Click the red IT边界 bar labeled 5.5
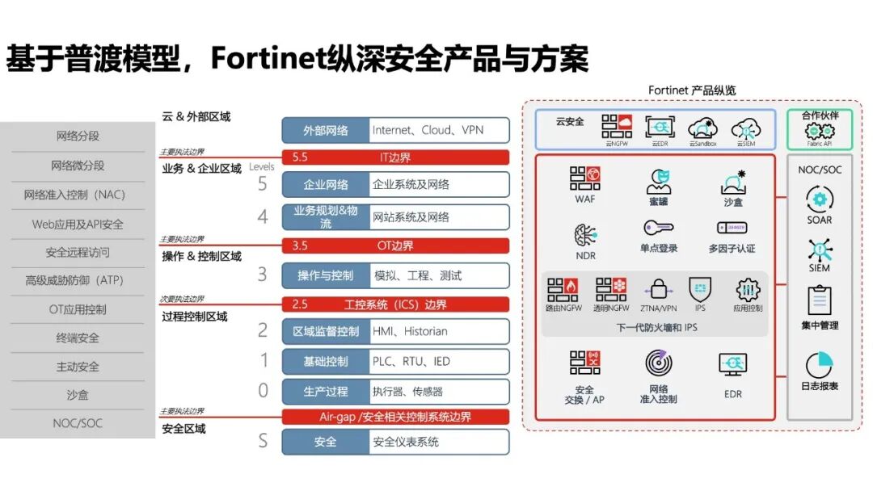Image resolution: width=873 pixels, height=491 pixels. (x=395, y=157)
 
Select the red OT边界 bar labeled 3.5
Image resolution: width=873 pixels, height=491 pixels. (x=395, y=245)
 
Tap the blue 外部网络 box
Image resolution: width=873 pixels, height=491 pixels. (x=325, y=130)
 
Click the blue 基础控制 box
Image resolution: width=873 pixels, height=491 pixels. (x=325, y=361)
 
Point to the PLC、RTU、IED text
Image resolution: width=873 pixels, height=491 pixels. (x=411, y=361)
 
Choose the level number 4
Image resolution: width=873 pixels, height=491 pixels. (x=263, y=216)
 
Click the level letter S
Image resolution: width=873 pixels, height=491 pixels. (x=263, y=441)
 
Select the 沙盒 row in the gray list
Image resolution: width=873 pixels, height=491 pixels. (x=78, y=395)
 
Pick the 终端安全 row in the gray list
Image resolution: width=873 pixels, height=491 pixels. (x=78, y=338)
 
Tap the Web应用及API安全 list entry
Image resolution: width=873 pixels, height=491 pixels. (x=78, y=224)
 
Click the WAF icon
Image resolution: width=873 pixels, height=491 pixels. (x=584, y=178)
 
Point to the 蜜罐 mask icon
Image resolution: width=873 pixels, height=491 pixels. (x=659, y=180)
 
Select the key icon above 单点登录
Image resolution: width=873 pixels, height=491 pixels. (x=659, y=228)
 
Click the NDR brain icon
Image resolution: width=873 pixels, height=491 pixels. (x=584, y=234)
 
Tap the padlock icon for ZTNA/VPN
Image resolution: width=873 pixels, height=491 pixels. (x=658, y=289)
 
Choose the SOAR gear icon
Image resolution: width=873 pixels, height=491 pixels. (x=819, y=199)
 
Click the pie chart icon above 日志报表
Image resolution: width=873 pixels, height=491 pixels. (x=819, y=365)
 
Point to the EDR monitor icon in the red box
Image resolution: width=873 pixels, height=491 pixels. (x=732, y=365)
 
